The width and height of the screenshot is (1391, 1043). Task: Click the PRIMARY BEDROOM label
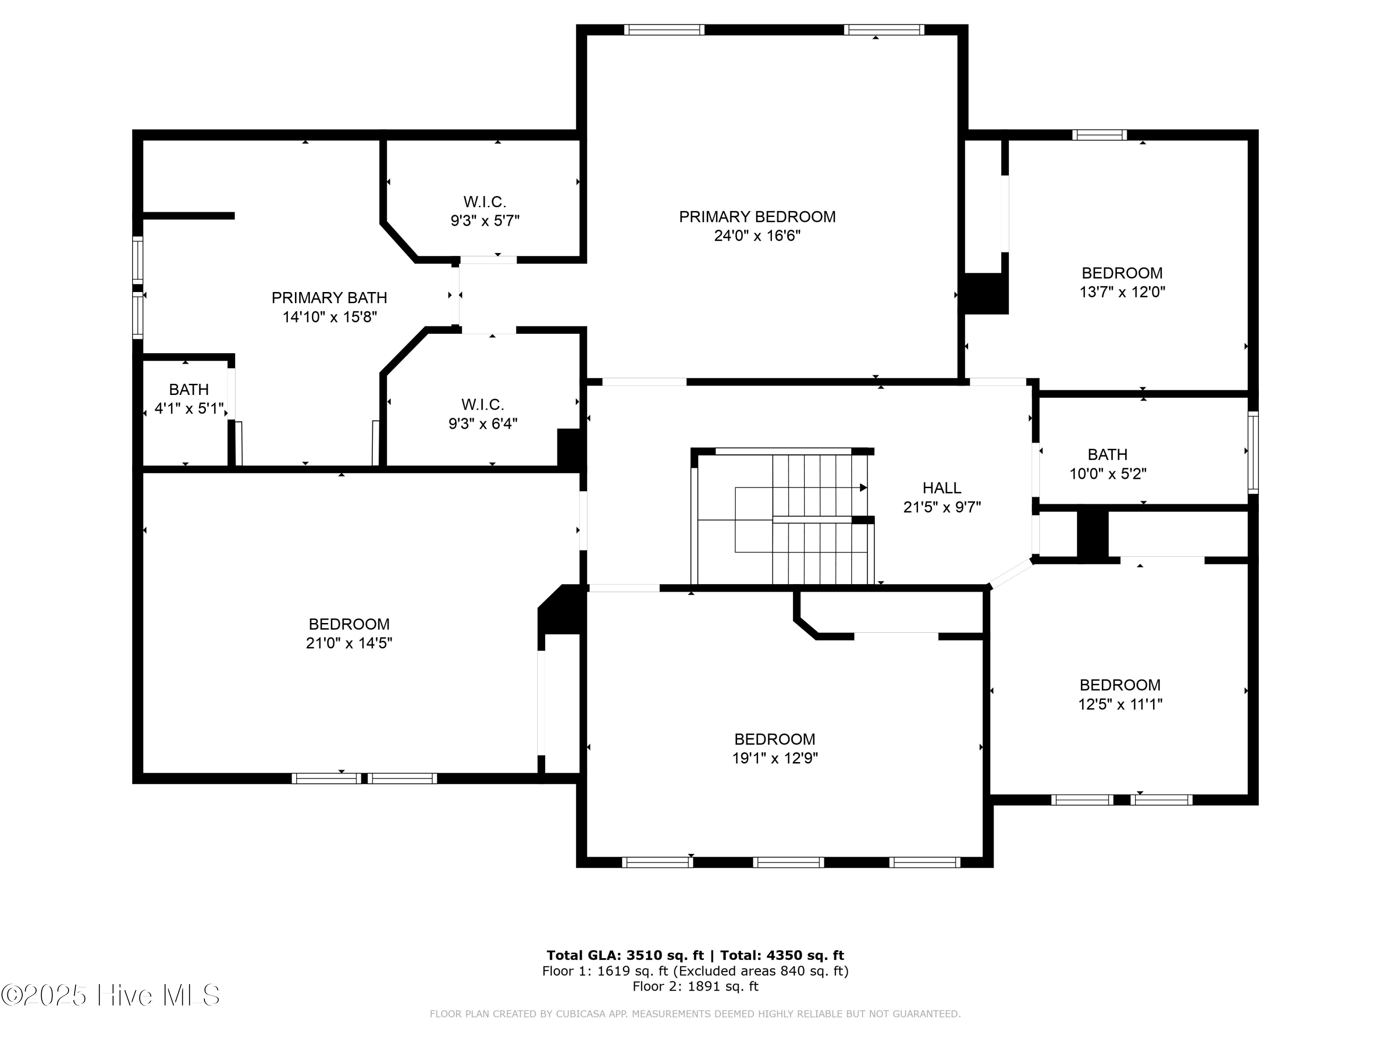[x=757, y=217]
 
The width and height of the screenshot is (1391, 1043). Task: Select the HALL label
[x=941, y=488]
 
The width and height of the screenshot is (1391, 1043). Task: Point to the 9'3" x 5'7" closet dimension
[x=485, y=221]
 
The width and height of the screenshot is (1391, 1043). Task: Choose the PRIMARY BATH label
[x=329, y=298]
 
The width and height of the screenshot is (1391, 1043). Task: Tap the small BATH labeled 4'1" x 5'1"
[x=189, y=390]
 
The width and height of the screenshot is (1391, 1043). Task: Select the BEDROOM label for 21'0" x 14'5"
[x=349, y=624]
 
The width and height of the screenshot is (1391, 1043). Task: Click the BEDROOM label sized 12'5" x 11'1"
[x=1120, y=685]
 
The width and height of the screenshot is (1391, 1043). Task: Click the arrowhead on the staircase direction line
[x=863, y=488]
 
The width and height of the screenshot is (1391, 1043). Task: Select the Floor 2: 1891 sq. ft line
[x=695, y=986]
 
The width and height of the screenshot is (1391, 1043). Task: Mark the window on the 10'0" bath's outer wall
[x=1253, y=452]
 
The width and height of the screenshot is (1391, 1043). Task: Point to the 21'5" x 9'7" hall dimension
[x=941, y=507]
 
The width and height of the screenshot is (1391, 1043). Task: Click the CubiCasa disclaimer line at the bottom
[x=695, y=1013]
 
